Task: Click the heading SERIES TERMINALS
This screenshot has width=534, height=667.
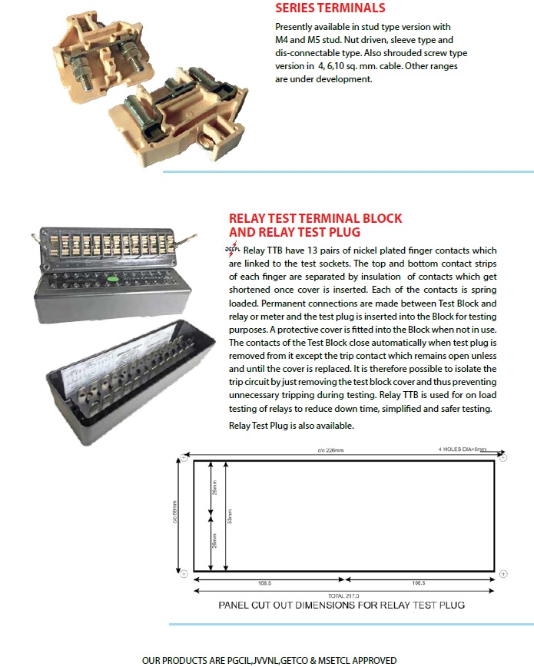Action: click(x=330, y=9)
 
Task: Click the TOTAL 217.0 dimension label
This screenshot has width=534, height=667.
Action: click(x=343, y=596)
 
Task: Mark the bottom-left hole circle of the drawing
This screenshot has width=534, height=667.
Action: click(x=184, y=572)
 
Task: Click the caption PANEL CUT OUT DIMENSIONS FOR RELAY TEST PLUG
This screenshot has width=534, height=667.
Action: click(x=342, y=605)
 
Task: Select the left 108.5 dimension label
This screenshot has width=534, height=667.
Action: click(x=265, y=583)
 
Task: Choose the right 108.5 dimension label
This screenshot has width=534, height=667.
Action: click(x=419, y=583)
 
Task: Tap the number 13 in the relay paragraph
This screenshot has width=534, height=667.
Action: click(x=319, y=251)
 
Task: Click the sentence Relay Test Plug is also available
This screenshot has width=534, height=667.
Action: click(x=292, y=426)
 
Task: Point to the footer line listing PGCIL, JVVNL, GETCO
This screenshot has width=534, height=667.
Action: click(x=269, y=659)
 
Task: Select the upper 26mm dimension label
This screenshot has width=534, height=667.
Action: click(x=214, y=487)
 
